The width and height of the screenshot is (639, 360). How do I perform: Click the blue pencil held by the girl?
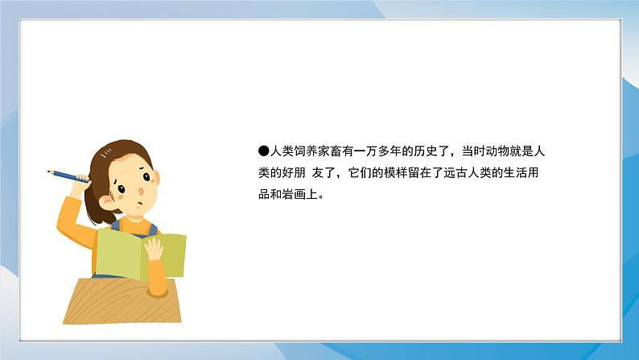pos(70,176)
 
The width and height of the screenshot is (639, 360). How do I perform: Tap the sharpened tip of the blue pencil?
pos(49,171)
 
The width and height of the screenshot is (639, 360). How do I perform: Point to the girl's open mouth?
pos(139,205)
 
